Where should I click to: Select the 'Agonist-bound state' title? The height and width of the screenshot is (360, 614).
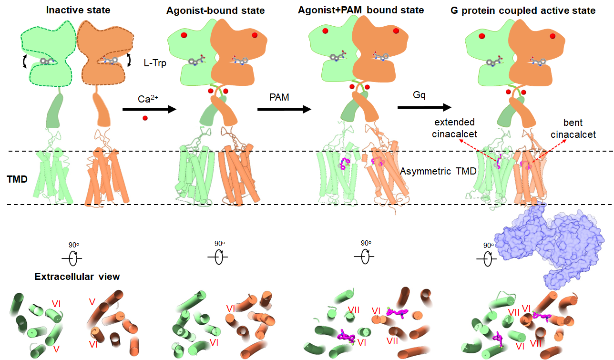(215, 10)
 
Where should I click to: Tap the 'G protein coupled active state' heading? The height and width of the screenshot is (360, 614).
(523, 10)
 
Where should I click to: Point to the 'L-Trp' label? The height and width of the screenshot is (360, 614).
(155, 62)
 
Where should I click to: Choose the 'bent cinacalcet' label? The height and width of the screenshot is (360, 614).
(573, 129)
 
